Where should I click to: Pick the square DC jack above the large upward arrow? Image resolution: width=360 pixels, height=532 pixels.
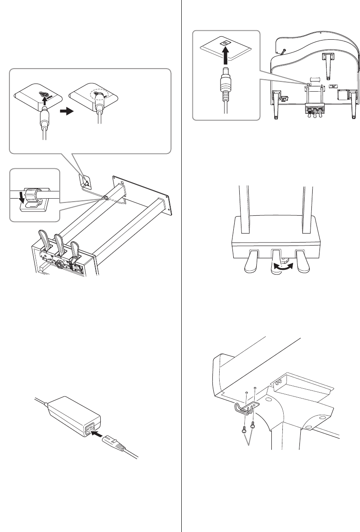[x=224, y=43]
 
